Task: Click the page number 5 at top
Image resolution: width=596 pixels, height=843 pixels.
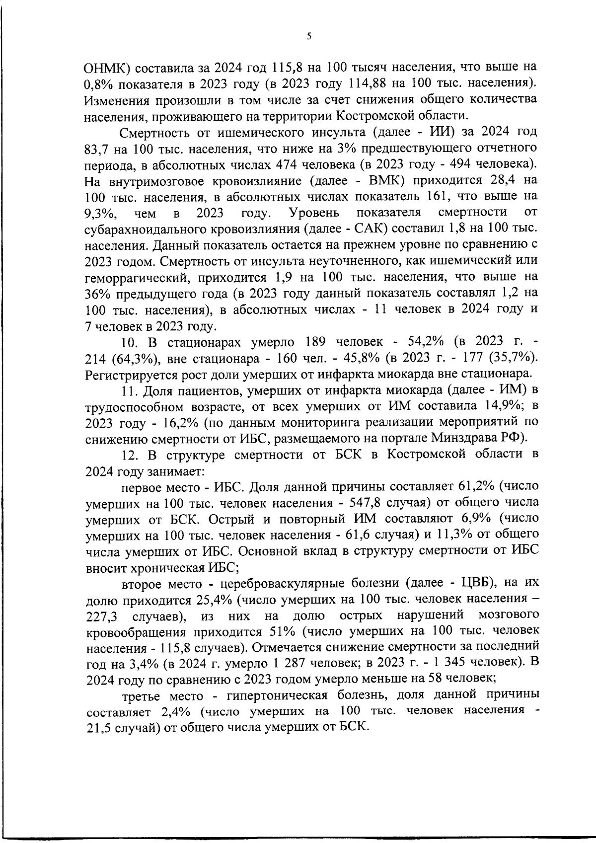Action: tap(308, 36)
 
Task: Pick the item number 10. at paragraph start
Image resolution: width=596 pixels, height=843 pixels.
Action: tap(130, 343)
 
